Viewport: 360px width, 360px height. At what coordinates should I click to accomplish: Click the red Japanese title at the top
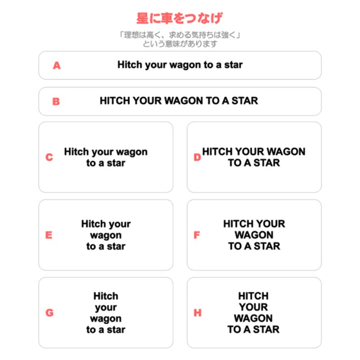click(x=179, y=18)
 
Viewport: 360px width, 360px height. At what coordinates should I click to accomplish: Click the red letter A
click(x=57, y=65)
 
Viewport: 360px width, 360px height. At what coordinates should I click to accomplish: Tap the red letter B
click(x=56, y=101)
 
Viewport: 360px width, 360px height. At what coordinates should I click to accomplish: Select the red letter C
click(x=49, y=157)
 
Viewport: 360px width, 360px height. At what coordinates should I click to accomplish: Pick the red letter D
click(x=197, y=157)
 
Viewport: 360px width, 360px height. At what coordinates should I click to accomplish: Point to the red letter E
click(x=49, y=235)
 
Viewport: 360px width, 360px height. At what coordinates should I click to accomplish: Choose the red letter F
click(x=197, y=235)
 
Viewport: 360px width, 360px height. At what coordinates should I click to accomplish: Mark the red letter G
click(x=49, y=312)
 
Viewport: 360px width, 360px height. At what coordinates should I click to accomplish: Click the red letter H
click(x=198, y=312)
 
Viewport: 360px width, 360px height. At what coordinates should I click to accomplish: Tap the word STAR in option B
click(x=245, y=101)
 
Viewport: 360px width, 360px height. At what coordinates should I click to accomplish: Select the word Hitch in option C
click(x=76, y=152)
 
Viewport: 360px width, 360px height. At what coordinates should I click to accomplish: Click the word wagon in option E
click(x=106, y=235)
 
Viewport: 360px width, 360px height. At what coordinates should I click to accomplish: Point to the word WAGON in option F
click(x=254, y=235)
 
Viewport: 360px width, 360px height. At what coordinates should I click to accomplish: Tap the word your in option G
click(x=106, y=308)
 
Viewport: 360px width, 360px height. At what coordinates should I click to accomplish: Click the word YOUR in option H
click(x=253, y=307)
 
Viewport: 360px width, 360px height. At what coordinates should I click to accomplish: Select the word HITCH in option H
click(x=253, y=296)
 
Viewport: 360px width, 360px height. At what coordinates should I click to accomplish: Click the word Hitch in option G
click(x=106, y=296)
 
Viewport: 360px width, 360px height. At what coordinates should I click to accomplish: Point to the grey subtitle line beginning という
click(x=180, y=44)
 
